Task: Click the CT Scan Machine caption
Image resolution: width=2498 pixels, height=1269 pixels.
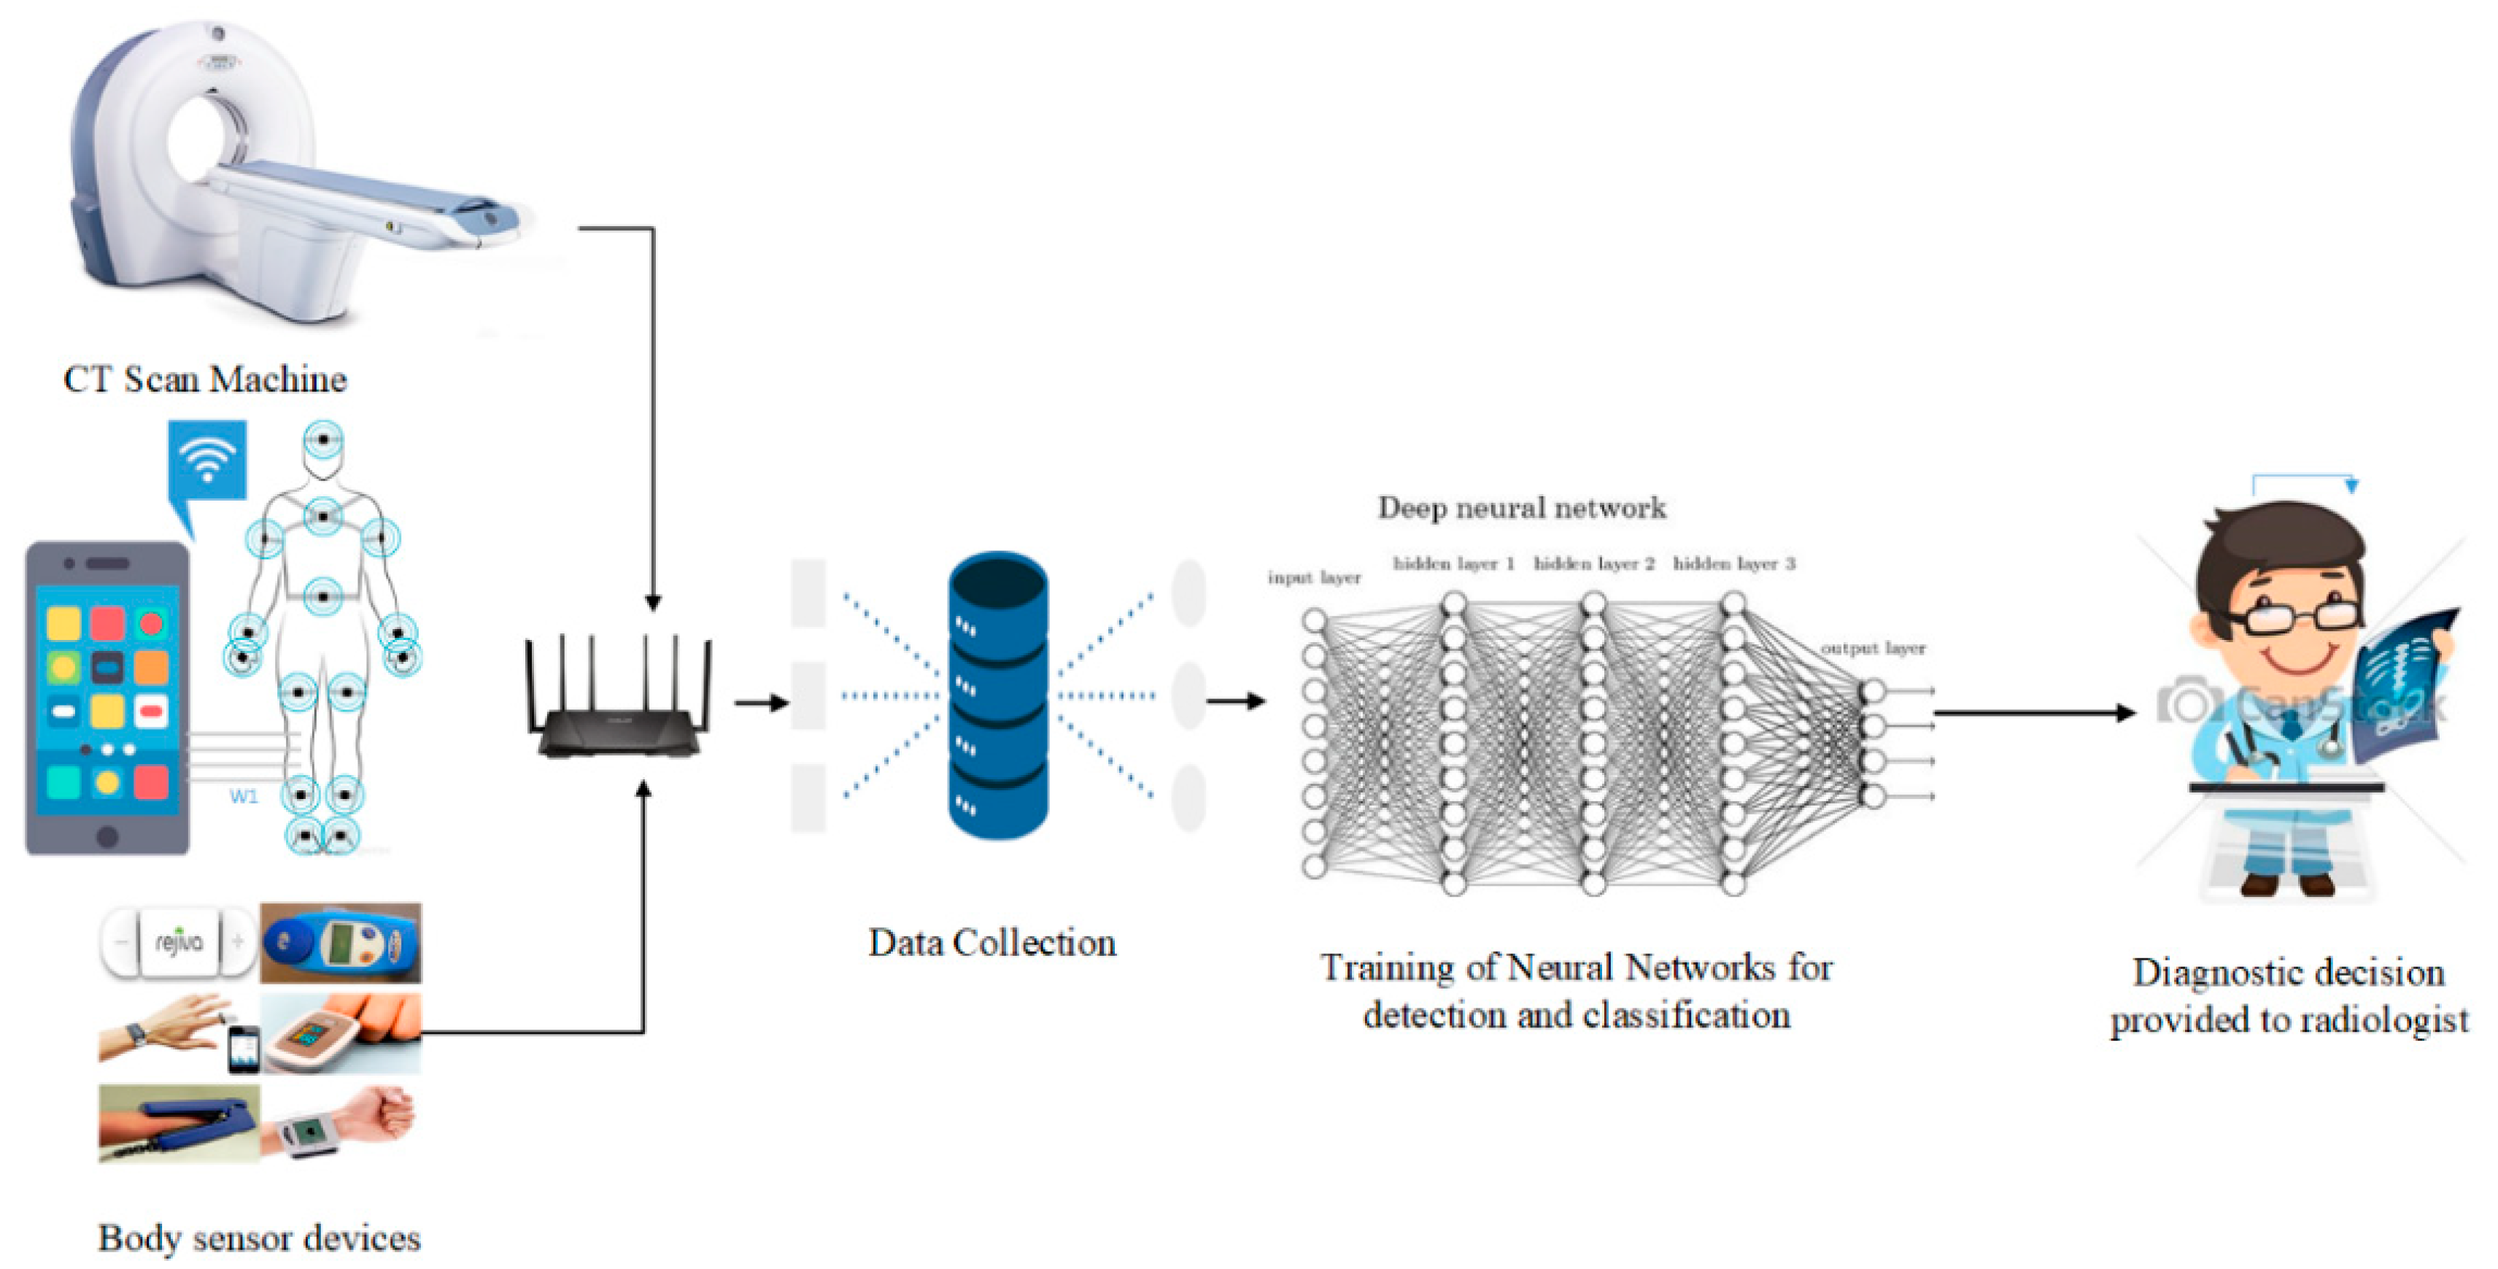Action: [x=204, y=379]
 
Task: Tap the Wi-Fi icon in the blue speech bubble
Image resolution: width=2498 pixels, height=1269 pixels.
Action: [x=207, y=459]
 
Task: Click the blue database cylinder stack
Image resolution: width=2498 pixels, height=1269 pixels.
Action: [x=998, y=695]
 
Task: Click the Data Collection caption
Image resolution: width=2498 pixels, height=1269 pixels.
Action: [x=992, y=943]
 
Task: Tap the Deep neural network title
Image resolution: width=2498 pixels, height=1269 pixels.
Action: [x=1522, y=507]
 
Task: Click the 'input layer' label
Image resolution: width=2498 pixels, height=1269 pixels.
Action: [x=1314, y=577]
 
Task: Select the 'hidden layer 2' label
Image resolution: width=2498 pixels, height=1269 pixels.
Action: [x=1594, y=563]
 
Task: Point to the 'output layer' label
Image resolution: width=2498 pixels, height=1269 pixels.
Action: [x=1873, y=648]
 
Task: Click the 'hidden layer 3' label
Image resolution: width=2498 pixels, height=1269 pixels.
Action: [x=1734, y=563]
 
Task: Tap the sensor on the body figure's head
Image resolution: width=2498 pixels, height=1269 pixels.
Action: [x=323, y=439]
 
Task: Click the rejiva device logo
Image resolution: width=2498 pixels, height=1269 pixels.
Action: [x=179, y=941]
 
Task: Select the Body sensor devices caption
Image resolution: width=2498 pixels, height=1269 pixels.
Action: [x=259, y=1238]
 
